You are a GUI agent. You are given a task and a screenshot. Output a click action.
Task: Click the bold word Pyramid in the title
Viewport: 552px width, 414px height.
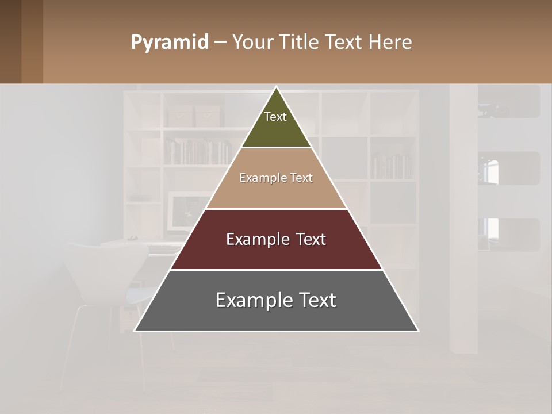click(x=169, y=43)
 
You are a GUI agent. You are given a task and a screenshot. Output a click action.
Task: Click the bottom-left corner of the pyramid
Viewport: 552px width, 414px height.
click(x=135, y=331)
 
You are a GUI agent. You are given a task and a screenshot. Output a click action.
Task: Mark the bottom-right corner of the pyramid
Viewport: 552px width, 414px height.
click(x=418, y=331)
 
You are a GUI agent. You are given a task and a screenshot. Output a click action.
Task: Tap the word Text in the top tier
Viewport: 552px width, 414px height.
click(x=275, y=117)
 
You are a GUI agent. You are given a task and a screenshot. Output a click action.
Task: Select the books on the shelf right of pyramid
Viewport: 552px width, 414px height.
click(x=391, y=166)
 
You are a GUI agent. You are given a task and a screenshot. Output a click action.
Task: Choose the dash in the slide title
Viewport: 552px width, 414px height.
click(x=220, y=43)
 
